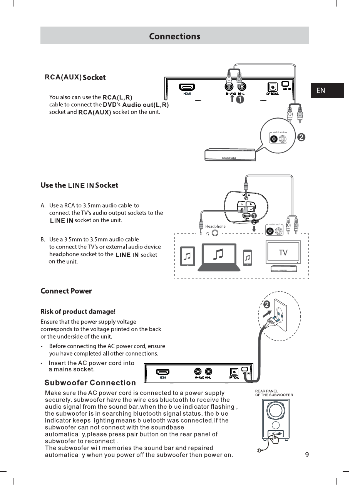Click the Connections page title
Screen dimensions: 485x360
pos(174,36)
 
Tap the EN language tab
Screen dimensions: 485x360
pos(321,91)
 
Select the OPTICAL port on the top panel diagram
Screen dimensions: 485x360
pos(273,87)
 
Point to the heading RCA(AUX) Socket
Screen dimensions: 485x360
pos(75,77)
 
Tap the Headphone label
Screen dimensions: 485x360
pos(215,226)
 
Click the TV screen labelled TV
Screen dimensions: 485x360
pos(283,253)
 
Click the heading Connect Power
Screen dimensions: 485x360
pos(66,291)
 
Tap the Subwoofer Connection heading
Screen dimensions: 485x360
pos(90,383)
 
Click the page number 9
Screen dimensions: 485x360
pos(307,455)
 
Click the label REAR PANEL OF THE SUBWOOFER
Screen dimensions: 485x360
pos(275,393)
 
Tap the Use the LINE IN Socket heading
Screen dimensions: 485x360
pos(79,185)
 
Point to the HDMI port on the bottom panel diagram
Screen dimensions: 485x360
pos(163,372)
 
